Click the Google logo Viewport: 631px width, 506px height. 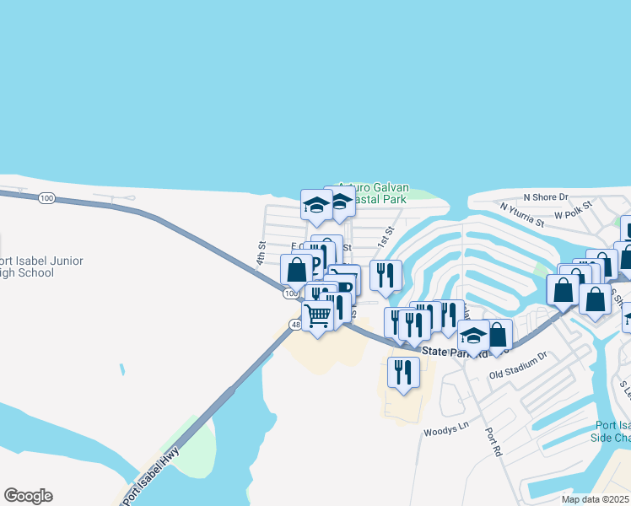point(28,496)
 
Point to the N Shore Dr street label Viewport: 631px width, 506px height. point(546,196)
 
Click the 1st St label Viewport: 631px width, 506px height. point(389,230)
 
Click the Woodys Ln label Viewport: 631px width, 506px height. point(445,429)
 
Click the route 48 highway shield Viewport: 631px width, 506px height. point(295,324)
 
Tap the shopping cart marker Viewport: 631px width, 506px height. point(318,316)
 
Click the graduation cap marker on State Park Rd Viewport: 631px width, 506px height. point(474,337)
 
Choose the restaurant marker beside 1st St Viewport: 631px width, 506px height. point(386,274)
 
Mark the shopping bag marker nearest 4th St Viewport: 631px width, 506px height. point(296,271)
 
